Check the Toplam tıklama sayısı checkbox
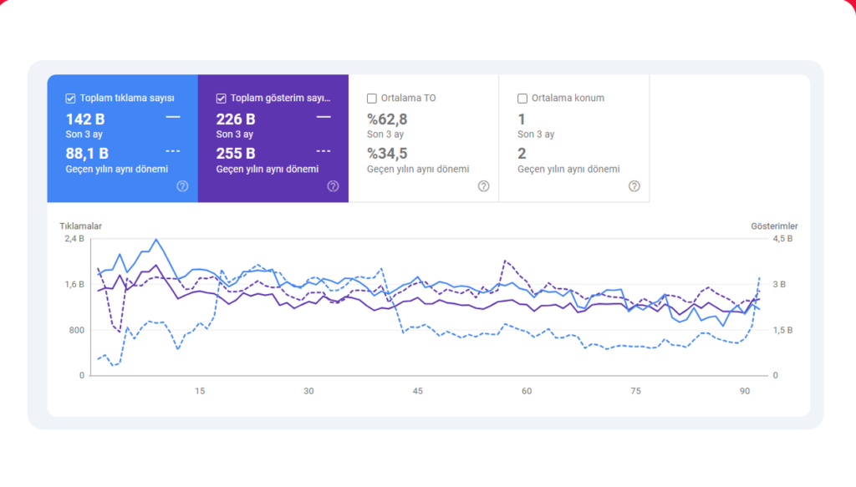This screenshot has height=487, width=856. (70, 99)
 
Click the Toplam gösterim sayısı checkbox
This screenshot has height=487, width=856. (221, 99)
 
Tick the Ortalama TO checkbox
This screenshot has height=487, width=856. (372, 99)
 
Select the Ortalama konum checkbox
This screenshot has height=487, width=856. (522, 99)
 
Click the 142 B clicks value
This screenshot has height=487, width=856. (85, 119)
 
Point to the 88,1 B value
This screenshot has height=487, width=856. (87, 154)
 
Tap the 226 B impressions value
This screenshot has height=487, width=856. (236, 119)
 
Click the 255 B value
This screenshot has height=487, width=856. (236, 154)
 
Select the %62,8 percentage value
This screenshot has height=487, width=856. (387, 119)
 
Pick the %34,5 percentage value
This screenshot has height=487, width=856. (387, 154)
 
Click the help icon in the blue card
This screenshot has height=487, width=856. (182, 186)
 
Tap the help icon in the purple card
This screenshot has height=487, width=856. (333, 186)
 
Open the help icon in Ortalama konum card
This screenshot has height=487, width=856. (634, 186)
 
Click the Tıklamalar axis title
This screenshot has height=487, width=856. (81, 226)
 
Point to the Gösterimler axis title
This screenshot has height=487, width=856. (774, 226)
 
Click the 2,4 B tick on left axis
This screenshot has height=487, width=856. (74, 239)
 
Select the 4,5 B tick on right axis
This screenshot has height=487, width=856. (782, 239)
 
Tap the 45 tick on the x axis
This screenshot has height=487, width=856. (418, 391)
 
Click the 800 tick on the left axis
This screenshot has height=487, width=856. (76, 330)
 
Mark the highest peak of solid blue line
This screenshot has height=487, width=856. (156, 240)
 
